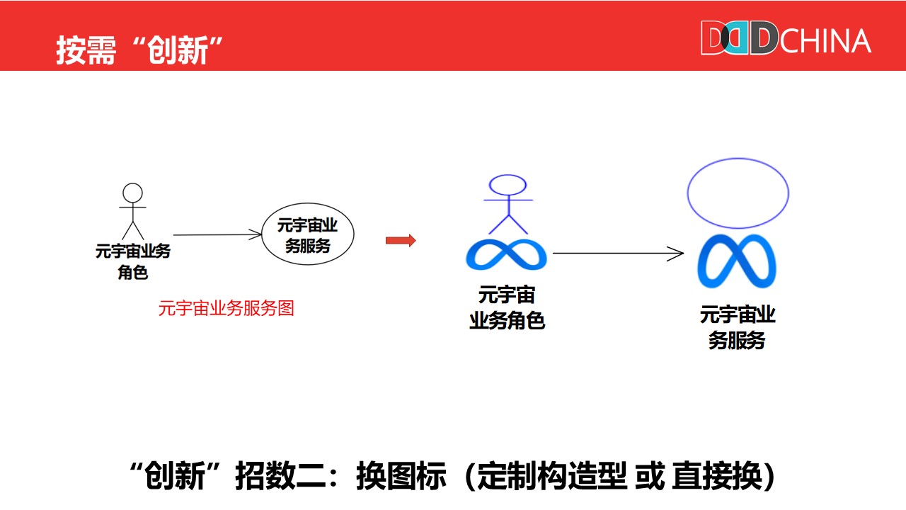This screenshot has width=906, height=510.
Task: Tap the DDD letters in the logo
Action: [x=739, y=38]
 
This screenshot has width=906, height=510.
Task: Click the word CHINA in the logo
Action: [x=825, y=40]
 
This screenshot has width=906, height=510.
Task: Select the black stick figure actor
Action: [x=132, y=212]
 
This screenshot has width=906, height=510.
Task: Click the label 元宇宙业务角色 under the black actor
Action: [x=133, y=261]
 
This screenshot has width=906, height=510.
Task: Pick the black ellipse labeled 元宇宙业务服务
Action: [x=307, y=235]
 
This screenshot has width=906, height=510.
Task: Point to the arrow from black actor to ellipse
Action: [x=217, y=234]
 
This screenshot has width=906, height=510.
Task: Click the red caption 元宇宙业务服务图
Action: [x=226, y=309]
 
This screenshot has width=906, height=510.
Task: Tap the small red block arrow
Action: [x=401, y=241]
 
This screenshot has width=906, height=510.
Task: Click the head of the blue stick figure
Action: [x=508, y=185]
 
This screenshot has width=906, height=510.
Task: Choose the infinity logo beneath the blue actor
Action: [x=506, y=254]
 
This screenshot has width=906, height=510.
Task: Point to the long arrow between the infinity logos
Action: [x=617, y=253]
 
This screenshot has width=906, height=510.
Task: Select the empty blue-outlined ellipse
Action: [x=738, y=193]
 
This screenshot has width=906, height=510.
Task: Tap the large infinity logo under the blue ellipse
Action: [x=737, y=261]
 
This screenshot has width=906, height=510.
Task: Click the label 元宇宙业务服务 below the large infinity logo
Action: [x=738, y=327]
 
